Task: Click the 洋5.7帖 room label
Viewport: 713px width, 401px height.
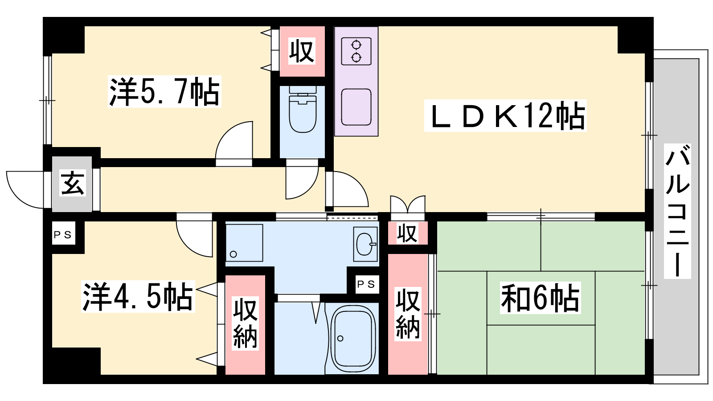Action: coord(164,92)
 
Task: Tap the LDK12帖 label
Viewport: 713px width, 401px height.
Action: coord(505,116)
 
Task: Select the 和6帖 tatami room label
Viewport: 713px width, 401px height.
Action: coord(540,298)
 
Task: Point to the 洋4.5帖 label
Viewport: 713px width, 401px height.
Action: coord(138,296)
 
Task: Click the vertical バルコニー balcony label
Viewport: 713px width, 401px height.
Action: coord(677,211)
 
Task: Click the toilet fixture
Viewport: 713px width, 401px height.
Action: coord(303,109)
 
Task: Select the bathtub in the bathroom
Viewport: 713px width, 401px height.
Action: coord(352,338)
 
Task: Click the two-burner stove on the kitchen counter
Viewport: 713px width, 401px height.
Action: coord(356,51)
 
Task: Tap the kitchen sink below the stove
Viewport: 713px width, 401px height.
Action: coord(356,107)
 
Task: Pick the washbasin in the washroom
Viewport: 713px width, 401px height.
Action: coord(365,244)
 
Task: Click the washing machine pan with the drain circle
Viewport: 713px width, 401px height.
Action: coord(244,243)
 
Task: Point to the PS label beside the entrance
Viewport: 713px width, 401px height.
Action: coord(63,235)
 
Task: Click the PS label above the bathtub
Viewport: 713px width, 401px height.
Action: coord(366,284)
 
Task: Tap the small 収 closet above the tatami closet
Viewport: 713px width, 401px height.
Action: coord(407,233)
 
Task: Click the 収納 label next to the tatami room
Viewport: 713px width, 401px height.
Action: coord(408,314)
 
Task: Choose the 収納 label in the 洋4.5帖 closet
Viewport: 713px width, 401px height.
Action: coord(245,323)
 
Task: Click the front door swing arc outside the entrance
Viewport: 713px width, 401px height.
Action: coord(25,190)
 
